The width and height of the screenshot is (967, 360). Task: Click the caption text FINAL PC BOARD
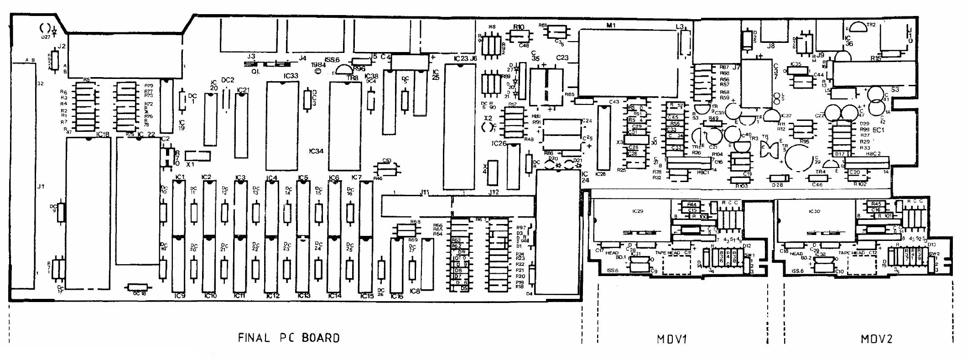(x=289, y=338)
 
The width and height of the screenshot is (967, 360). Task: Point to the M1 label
(x=611, y=26)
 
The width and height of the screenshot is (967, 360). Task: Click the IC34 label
(x=316, y=151)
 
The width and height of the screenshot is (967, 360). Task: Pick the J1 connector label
(x=41, y=187)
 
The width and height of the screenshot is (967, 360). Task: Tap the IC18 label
(x=103, y=134)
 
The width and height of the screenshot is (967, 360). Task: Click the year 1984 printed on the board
(x=318, y=65)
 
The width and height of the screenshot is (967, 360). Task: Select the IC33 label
(x=291, y=76)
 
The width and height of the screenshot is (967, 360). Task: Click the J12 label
(x=494, y=192)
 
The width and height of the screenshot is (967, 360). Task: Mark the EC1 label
(x=878, y=130)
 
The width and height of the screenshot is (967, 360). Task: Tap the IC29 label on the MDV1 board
(x=637, y=211)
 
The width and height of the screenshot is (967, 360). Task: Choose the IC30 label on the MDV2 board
(x=814, y=211)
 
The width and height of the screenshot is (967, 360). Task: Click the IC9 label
(x=180, y=296)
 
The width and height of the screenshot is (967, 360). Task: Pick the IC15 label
(x=367, y=296)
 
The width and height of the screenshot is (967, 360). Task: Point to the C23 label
(x=562, y=58)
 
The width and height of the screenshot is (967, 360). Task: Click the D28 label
(x=777, y=185)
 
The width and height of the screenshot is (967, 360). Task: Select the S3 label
(x=895, y=90)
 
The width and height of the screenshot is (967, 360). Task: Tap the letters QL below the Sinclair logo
(x=255, y=72)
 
